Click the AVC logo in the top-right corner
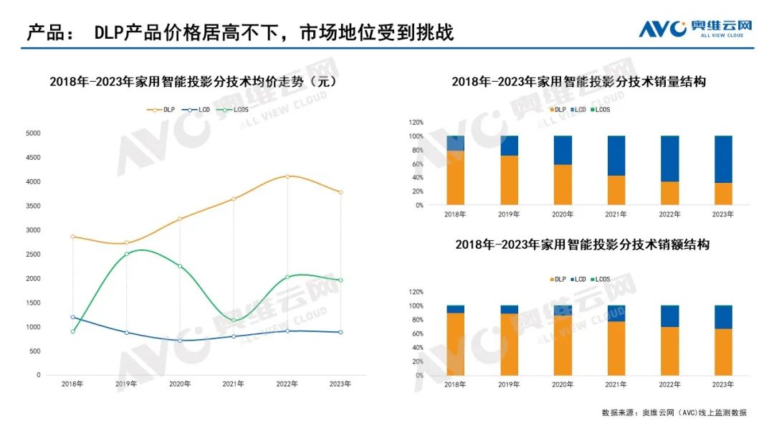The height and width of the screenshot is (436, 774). tap(694, 28)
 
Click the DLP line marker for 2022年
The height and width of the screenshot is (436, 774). tap(287, 176)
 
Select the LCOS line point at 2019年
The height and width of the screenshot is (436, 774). tap(126, 254)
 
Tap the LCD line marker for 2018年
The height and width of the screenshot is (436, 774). tap(72, 317)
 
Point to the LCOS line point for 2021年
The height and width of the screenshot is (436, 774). tap(234, 320)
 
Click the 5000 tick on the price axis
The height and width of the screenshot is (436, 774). tap(33, 133)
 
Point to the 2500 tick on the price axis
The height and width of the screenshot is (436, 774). tap(33, 254)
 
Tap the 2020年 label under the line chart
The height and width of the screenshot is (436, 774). tap(180, 384)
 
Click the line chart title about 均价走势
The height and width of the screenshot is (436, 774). tap(193, 82)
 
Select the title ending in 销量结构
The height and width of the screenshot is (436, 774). tap(578, 82)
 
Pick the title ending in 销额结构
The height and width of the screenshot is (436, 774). tap(582, 245)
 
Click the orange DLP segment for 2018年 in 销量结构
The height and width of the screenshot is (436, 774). tap(455, 178)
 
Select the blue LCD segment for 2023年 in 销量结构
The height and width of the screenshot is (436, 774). tap(723, 159)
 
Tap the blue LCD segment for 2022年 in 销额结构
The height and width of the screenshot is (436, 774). tap(669, 316)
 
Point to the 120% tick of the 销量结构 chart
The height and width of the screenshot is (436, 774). tap(416, 123)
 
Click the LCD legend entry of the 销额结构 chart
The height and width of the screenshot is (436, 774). tap(579, 279)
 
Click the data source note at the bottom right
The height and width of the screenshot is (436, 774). tap(674, 412)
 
